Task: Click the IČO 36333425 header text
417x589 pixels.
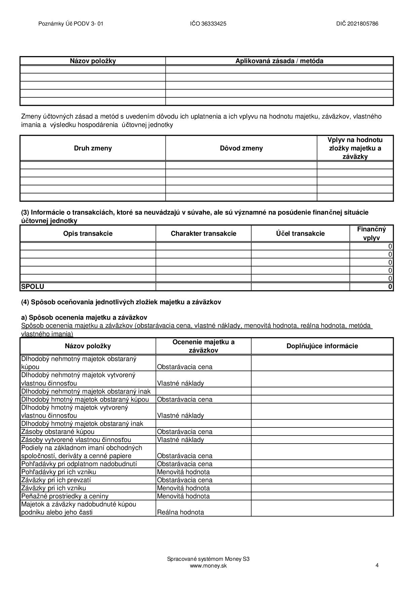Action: point(208,24)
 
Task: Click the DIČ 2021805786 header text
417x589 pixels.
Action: point(357,24)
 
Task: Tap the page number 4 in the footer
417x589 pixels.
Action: point(377,565)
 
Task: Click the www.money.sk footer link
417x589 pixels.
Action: point(208,565)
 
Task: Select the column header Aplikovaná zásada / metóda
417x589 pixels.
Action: point(279,61)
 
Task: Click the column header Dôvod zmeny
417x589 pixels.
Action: point(241,148)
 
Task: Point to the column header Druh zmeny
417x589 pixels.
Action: point(93,148)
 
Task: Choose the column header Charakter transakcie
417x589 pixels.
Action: point(203,233)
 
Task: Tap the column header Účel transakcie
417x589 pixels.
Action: point(300,233)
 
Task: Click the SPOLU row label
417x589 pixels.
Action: point(33,286)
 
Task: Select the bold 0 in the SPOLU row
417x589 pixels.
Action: point(390,286)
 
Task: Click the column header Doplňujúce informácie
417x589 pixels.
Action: point(322,346)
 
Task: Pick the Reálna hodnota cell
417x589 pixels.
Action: point(181,512)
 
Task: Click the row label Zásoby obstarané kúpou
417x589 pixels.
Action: point(58,432)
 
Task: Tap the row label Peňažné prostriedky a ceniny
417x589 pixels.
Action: point(65,496)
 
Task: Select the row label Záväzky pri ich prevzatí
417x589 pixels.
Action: point(56,480)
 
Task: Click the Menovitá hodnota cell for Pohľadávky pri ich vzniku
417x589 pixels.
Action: point(183,472)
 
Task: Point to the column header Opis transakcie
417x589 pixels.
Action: point(88,233)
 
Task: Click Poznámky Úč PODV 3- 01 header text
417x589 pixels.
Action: point(71,24)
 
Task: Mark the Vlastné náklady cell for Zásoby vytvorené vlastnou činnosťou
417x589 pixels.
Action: point(181,440)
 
